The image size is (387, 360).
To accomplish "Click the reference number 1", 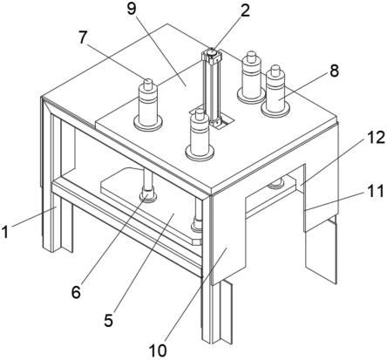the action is [5, 233].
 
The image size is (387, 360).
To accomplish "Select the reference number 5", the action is [109, 320].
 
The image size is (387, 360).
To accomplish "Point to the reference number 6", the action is [76, 292].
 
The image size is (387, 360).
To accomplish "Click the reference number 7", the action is [83, 37].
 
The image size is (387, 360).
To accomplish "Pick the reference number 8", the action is [334, 71].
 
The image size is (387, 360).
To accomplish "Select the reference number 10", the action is [158, 350].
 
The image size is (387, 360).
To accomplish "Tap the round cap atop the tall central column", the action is [211, 52].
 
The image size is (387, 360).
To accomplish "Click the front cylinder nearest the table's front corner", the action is [200, 135].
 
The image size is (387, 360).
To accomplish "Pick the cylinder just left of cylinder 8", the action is [251, 78].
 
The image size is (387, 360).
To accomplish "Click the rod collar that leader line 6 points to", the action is [148, 195].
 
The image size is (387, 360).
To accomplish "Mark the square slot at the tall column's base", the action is [222, 123].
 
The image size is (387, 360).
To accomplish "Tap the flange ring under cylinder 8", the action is [275, 110].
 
